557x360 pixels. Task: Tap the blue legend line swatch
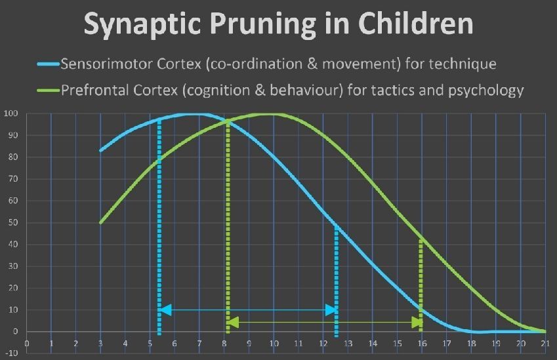49,64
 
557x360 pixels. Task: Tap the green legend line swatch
49,90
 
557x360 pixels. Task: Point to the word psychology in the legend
485,91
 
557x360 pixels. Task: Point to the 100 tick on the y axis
10,113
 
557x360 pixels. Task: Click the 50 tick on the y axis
12,222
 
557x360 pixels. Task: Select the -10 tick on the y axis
10,353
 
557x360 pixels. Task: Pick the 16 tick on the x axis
422,344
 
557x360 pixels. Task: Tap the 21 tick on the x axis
545,344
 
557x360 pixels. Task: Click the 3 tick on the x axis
100,344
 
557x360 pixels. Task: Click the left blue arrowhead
165,310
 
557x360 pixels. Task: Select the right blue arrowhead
331,310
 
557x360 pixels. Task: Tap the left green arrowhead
233,323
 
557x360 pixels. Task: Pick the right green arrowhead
417,323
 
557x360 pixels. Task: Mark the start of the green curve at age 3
100,222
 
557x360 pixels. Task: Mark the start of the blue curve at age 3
100,151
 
